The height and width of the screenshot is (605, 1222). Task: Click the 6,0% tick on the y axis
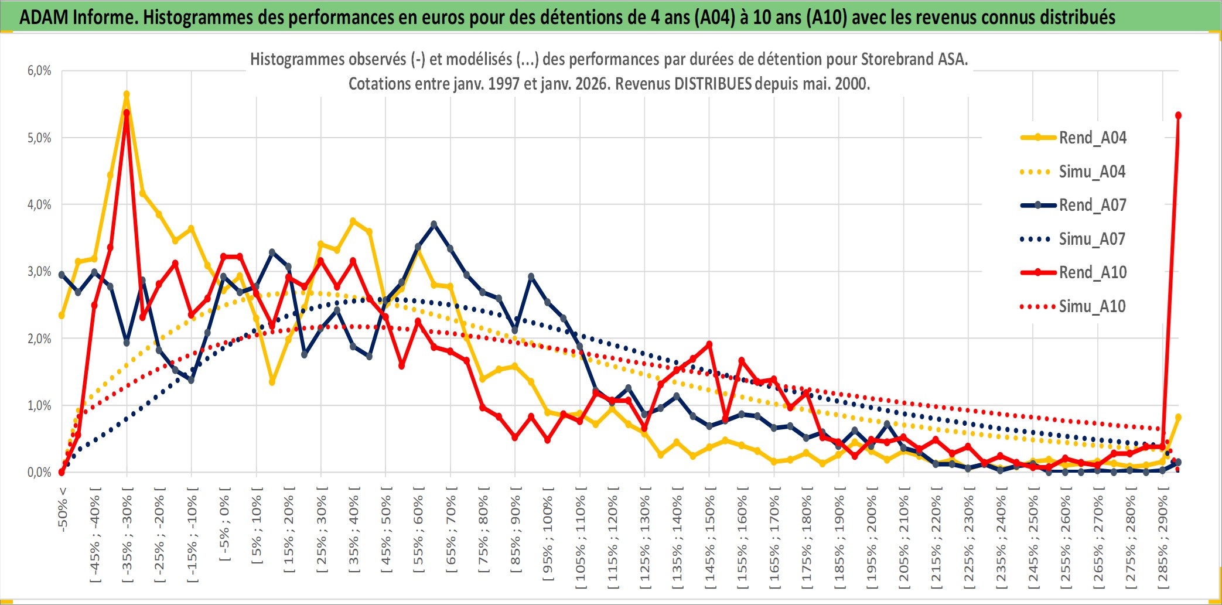[x=39, y=71]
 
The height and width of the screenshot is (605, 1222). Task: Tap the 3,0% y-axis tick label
[x=39, y=272]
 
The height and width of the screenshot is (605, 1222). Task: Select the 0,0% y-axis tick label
[x=39, y=473]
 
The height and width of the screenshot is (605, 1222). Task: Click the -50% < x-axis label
[x=63, y=510]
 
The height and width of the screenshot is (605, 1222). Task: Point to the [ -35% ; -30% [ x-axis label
[x=127, y=534]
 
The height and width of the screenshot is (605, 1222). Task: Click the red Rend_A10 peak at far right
[x=1178, y=115]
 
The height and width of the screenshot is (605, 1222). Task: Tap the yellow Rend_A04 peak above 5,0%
[x=127, y=94]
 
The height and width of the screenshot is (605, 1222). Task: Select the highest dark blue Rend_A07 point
[x=433, y=224]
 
